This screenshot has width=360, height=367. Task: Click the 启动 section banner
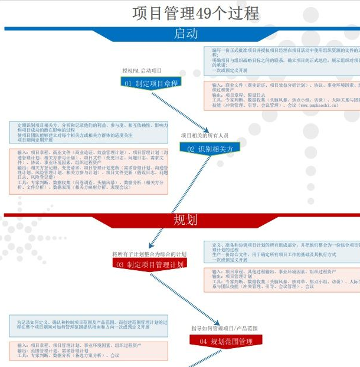point(186,34)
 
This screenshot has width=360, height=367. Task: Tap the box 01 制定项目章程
point(150,83)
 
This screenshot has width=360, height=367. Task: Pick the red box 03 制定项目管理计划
point(150,264)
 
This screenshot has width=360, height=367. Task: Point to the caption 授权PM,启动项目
point(142,71)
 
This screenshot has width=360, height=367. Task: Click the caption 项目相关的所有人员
point(205,136)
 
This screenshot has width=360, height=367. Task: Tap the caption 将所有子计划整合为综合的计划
point(149,254)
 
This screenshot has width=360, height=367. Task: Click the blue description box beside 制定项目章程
point(282,61)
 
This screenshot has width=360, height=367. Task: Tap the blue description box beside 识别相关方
point(89,133)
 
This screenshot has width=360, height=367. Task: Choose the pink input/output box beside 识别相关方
point(89,171)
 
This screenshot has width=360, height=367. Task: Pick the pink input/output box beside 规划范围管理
point(89,350)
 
